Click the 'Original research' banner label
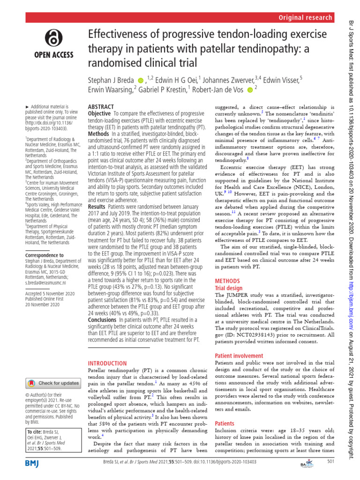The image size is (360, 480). (305, 17)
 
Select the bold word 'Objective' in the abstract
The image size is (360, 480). (99, 114)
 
